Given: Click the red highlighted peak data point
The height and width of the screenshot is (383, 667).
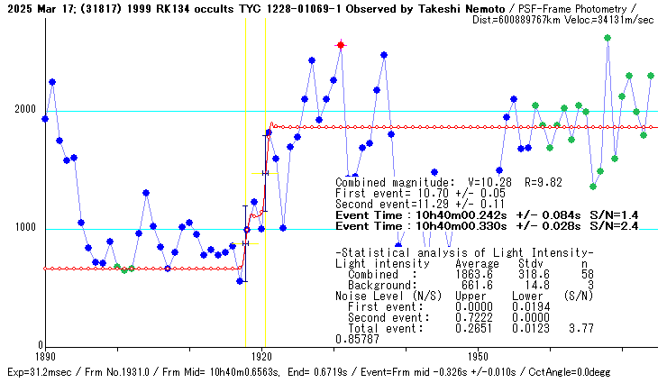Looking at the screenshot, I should [341, 44].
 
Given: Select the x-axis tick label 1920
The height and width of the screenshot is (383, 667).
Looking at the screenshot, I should [261, 357].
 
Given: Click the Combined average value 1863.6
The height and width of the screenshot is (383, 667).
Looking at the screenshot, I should [473, 274].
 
